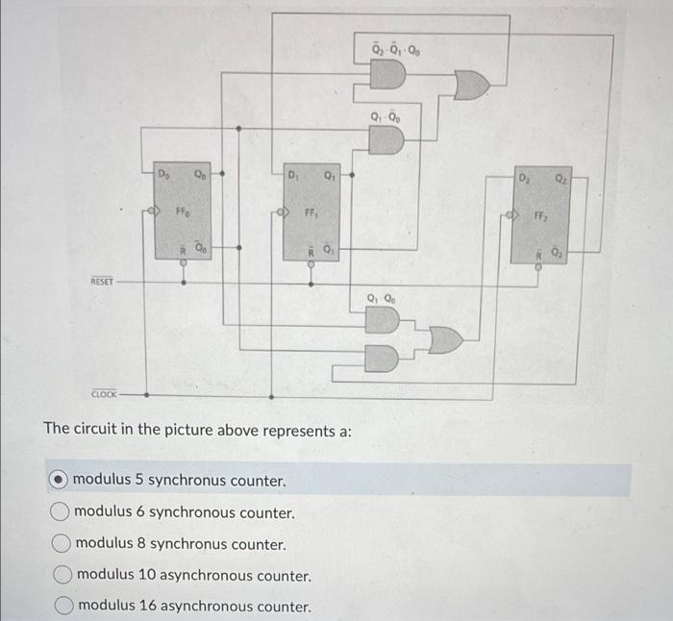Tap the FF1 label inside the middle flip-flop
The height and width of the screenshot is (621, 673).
coord(311,212)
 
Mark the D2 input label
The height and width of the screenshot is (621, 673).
coord(525,180)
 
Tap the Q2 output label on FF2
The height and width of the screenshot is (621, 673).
coord(560,180)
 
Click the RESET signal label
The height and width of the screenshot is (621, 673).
coord(102,282)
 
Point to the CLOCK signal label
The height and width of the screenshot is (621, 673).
coord(104,393)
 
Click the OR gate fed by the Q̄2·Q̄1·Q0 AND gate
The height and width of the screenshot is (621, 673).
coord(471,86)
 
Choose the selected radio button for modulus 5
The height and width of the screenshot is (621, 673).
coord(60,480)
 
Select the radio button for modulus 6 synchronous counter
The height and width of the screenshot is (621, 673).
coord(61,512)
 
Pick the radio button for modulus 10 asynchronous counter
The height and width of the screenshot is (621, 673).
coord(62,575)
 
